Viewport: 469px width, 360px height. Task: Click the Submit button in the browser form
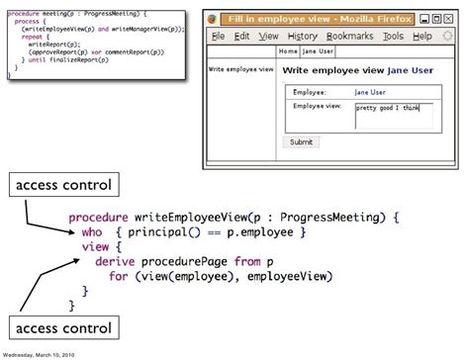click(x=301, y=141)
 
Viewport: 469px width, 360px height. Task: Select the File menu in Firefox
click(x=218, y=36)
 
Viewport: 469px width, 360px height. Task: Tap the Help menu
click(x=422, y=36)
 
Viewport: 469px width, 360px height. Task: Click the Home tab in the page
click(x=288, y=50)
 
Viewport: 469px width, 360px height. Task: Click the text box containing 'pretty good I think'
click(x=393, y=115)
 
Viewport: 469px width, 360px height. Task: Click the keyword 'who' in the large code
click(x=92, y=230)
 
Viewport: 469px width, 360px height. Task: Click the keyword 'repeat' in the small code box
click(x=33, y=39)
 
